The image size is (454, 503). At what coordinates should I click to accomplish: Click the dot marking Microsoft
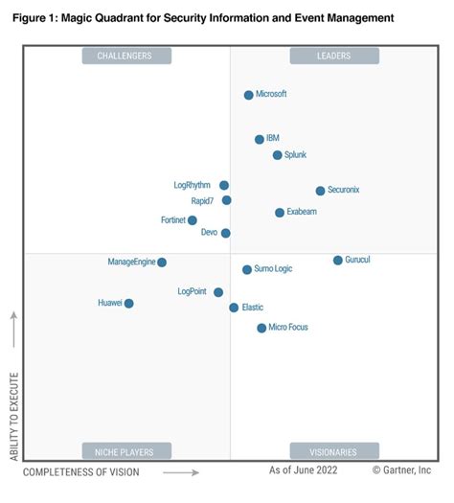tap(248, 95)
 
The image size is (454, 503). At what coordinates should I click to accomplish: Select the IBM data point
tap(260, 139)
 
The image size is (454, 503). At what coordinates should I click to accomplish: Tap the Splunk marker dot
tap(277, 155)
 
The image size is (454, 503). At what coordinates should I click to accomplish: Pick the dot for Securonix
tap(320, 191)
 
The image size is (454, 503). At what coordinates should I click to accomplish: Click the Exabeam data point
tap(280, 213)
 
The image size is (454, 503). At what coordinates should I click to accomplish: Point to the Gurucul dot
tap(337, 261)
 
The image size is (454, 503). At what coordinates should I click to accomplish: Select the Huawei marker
tap(128, 304)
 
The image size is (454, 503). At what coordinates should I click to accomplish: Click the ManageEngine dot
tap(162, 263)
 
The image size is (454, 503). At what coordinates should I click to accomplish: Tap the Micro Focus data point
tap(261, 329)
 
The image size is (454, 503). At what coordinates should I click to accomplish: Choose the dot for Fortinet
tap(193, 220)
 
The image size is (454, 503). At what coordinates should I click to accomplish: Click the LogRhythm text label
tap(193, 185)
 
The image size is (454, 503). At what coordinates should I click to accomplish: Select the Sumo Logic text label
tap(274, 269)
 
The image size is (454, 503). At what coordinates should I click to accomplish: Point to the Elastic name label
tap(253, 308)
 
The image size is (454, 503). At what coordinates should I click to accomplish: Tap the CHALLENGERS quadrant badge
tap(125, 57)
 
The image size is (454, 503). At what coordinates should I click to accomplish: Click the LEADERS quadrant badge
tap(334, 57)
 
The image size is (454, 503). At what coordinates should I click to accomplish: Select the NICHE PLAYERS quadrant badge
tap(125, 451)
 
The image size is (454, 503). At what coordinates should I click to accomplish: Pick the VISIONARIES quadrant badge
tap(334, 451)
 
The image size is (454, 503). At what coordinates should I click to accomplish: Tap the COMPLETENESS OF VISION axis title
tap(81, 472)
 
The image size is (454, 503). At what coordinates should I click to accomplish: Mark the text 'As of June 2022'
tap(302, 470)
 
